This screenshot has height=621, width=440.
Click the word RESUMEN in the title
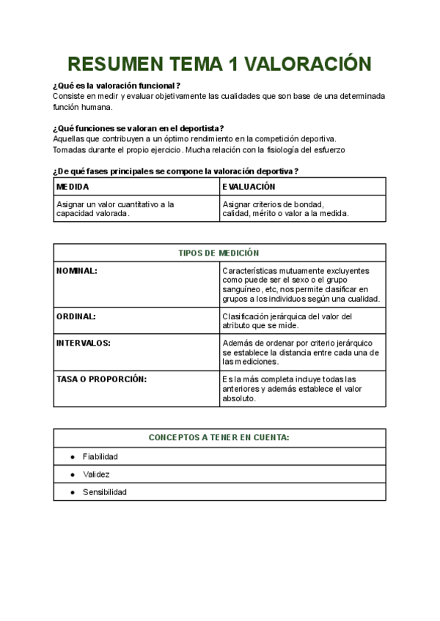(113, 64)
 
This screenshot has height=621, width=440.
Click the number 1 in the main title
(233, 64)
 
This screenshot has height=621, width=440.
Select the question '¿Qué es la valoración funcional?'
(117, 86)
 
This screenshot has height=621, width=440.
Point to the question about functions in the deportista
(139, 128)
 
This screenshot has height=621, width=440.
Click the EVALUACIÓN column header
(249, 187)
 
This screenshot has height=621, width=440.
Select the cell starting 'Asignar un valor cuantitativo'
(115, 209)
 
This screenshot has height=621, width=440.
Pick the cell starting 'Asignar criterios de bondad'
(285, 209)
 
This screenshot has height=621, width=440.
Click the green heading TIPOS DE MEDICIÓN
(219, 253)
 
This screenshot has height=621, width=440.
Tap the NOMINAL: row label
(77, 271)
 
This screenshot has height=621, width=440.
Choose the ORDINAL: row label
(76, 316)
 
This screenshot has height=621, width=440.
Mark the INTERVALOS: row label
(83, 343)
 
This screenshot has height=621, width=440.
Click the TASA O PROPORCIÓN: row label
(101, 379)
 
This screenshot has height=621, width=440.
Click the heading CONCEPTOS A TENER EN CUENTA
(219, 437)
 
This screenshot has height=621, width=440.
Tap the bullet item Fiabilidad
(100, 456)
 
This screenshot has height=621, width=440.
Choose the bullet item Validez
(96, 475)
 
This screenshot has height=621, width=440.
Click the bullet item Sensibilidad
(104, 492)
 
